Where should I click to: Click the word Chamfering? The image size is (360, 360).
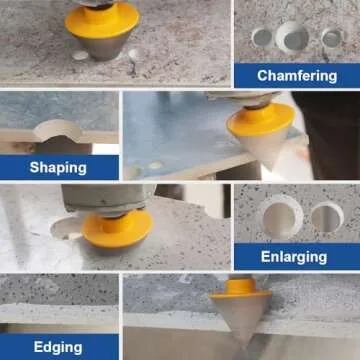(296, 75)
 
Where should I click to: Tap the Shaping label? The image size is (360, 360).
(58, 167)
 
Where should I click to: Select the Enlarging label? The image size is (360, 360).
(294, 257)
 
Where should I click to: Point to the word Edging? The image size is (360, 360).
(58, 347)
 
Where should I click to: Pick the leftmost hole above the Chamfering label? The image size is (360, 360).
(261, 37)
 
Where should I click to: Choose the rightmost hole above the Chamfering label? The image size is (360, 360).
(331, 39)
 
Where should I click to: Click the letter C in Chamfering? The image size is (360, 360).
(262, 75)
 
